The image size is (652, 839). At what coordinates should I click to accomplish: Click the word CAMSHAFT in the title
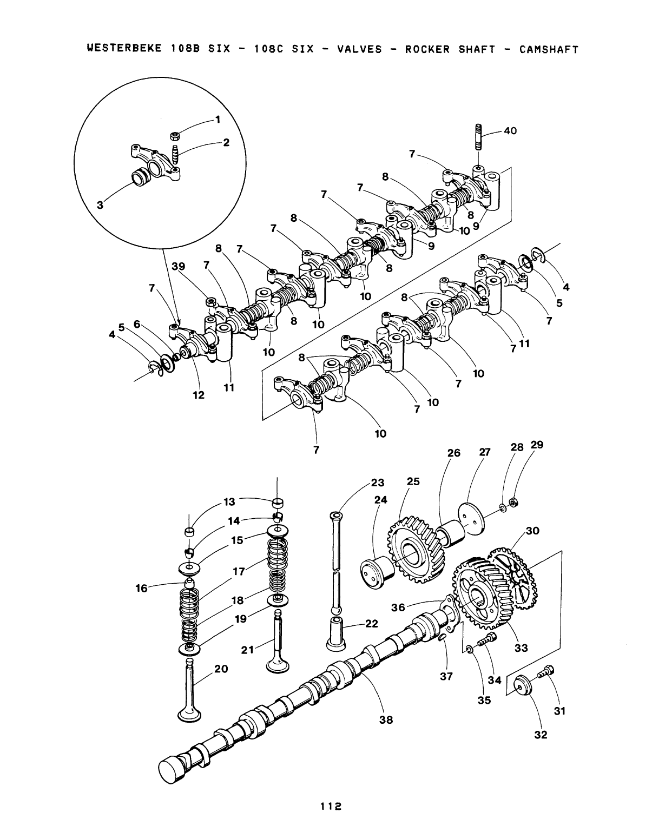click(549, 50)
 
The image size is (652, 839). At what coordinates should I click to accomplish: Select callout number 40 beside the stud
click(510, 131)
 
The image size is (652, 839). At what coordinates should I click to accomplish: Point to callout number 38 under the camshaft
click(386, 719)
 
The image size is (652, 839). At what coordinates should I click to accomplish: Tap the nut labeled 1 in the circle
click(175, 135)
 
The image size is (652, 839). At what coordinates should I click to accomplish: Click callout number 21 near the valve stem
click(247, 649)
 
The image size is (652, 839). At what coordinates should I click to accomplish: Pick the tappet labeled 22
click(336, 633)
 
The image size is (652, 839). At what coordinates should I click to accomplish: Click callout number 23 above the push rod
click(377, 483)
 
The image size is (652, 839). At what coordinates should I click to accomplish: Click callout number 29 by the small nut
click(537, 445)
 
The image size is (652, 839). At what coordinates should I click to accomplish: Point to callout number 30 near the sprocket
click(532, 531)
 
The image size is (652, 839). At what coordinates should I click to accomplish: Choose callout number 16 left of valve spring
click(141, 587)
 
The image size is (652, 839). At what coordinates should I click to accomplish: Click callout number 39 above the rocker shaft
click(178, 267)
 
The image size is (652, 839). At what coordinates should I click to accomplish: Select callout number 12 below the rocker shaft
click(199, 395)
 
